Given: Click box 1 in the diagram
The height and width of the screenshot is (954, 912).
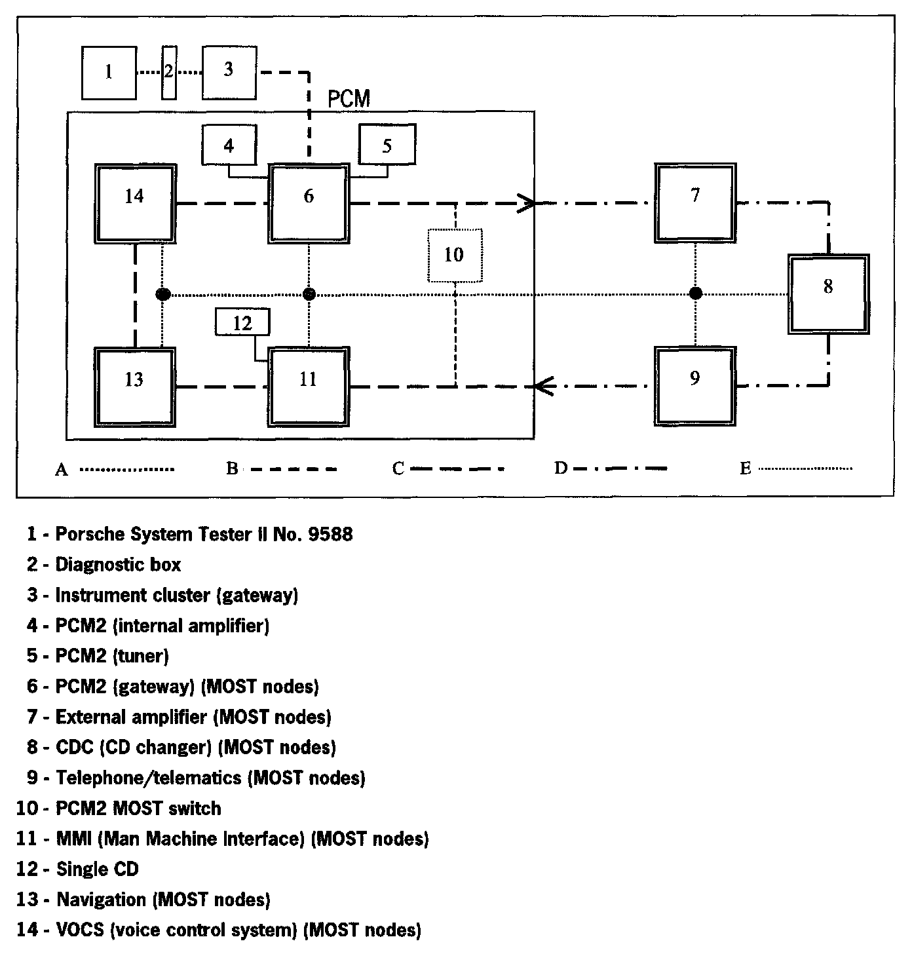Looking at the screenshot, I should click(x=109, y=72).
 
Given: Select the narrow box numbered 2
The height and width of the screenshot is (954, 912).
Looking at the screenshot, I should click(x=168, y=72).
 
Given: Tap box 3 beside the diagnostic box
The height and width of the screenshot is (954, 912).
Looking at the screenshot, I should click(x=229, y=72).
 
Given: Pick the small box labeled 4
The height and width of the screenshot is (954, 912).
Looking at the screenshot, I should click(x=229, y=145).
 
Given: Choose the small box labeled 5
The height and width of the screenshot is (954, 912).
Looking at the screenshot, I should click(x=387, y=145).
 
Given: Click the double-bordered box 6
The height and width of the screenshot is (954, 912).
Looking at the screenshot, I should click(x=308, y=203).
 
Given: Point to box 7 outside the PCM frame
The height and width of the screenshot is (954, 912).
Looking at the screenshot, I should click(x=695, y=203).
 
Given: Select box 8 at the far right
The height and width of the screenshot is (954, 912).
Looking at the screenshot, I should click(x=828, y=294).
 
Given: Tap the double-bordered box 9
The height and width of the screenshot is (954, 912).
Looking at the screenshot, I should click(x=695, y=386).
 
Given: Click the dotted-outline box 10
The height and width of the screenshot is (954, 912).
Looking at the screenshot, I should click(x=454, y=255).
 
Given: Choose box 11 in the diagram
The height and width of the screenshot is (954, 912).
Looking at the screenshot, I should click(x=308, y=387).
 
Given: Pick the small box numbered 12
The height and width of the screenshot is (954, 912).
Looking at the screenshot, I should click(x=242, y=323).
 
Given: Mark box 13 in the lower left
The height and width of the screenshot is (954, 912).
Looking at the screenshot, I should click(x=135, y=387).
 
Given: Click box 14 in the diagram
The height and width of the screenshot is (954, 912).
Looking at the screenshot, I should click(x=135, y=203).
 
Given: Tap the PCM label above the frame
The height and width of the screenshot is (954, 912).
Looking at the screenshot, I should click(x=349, y=99).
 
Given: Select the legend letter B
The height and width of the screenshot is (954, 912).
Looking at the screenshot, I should click(x=232, y=468).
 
